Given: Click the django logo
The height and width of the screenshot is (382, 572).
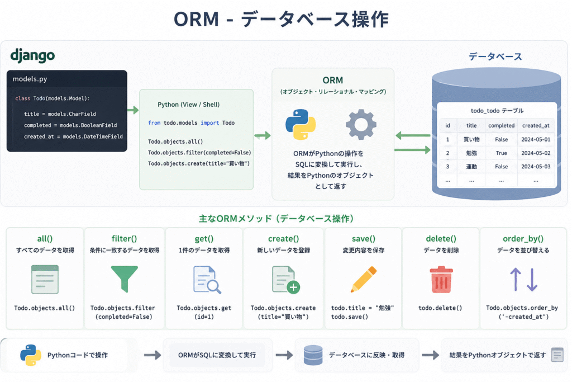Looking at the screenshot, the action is point(32,55).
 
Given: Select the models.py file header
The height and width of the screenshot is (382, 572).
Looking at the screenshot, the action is point(30,79).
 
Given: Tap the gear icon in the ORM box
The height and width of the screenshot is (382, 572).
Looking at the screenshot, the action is point(361,124).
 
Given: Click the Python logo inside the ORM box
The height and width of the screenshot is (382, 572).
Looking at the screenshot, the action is point(301,124).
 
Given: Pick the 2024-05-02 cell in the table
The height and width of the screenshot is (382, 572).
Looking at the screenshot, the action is point(536,153).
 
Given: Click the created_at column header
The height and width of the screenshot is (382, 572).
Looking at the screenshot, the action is point(536,125).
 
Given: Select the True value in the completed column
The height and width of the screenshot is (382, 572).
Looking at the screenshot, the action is point(501,153).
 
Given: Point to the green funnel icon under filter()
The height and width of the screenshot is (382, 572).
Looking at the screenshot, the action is point(125,279).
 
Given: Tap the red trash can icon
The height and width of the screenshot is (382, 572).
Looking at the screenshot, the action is point(441,280).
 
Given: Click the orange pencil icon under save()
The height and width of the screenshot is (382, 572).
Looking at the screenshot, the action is point(363,280).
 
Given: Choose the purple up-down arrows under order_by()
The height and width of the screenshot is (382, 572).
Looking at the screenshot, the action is point(523,280).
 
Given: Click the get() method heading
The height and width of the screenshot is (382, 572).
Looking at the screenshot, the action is point(204,238).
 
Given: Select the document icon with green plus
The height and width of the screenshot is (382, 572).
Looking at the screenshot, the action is point(286,280).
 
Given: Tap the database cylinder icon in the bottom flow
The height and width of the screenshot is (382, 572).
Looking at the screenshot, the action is point(313,355).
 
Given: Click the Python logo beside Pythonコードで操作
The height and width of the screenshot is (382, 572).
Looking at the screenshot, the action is point(31,355).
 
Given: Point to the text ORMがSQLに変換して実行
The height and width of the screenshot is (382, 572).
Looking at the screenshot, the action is point(217,355).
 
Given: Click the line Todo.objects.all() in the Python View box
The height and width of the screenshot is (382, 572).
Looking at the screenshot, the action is point(175,142).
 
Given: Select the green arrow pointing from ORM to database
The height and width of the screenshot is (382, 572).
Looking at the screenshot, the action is point(413,150).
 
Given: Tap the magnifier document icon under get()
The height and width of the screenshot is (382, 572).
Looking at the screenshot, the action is point(207,280).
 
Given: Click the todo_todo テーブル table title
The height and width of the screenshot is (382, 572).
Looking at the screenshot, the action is point(497,111).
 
